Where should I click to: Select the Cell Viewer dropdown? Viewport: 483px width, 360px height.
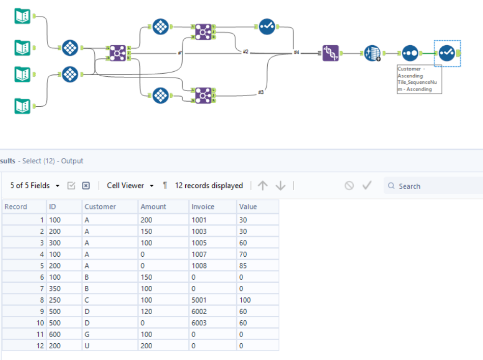tap(130, 186)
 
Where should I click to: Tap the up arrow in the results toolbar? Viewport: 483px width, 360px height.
tap(263, 186)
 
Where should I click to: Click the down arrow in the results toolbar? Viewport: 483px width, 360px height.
tap(280, 186)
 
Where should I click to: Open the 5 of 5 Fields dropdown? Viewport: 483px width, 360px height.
tap(35, 186)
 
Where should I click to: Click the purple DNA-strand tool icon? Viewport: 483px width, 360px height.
tap(330, 53)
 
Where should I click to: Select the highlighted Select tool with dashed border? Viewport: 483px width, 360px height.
tap(447, 53)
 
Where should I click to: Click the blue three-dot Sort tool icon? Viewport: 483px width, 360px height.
tap(410, 53)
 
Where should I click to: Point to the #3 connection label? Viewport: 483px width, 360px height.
tap(261, 93)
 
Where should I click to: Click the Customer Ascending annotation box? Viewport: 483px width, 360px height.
tap(419, 79)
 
